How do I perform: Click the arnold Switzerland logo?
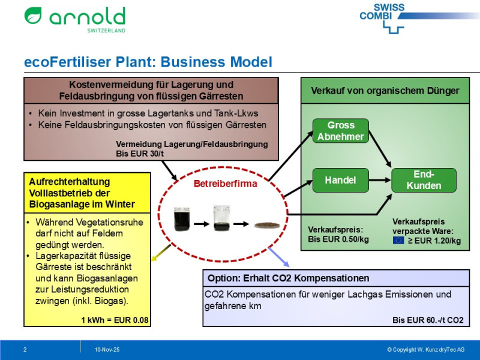click(74, 19)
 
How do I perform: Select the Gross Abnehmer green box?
click(340, 131)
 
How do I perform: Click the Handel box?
click(340, 180)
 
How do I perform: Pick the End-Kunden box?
click(424, 180)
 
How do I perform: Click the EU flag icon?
click(398, 241)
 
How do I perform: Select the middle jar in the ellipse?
click(220, 220)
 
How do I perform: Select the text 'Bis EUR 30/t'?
click(139, 154)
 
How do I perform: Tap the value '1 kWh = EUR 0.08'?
click(113, 320)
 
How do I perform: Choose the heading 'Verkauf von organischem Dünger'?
click(385, 91)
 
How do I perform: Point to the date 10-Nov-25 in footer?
click(107, 349)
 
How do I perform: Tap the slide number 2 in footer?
click(25, 349)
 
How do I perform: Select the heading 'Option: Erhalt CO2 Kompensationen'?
click(288, 278)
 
